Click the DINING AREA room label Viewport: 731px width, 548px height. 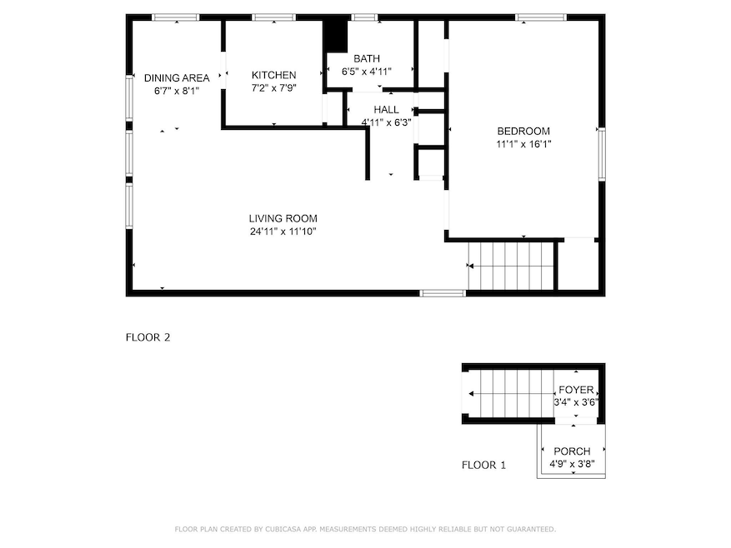(x=177, y=78)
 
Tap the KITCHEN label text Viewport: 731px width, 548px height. (x=274, y=76)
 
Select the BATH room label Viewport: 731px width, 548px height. (x=367, y=58)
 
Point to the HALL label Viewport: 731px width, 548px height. (x=386, y=110)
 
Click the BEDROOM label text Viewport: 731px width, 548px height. (x=523, y=131)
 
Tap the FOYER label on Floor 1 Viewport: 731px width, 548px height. (x=575, y=390)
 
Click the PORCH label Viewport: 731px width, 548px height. (x=571, y=451)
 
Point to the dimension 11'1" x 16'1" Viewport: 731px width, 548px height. (x=523, y=143)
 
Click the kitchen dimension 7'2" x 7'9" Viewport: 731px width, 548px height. (x=274, y=87)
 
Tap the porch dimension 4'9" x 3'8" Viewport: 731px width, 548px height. (x=571, y=463)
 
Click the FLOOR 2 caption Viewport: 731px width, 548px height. (x=148, y=337)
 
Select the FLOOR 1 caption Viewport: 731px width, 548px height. (x=483, y=466)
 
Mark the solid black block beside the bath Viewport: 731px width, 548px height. (x=334, y=36)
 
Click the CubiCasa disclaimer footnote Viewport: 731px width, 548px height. (x=365, y=529)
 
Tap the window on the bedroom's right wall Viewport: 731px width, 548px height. (x=599, y=154)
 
